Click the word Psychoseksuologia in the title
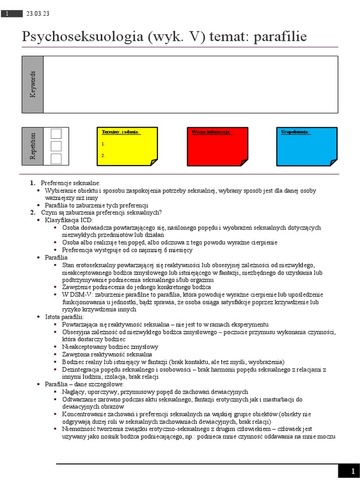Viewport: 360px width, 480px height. [82, 37]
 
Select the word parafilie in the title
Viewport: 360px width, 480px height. [280, 37]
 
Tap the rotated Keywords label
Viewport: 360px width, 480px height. [33, 84]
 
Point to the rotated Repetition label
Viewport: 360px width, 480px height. [33, 146]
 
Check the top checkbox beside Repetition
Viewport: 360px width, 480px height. [56, 134]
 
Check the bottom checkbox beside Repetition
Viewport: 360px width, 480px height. [56, 159]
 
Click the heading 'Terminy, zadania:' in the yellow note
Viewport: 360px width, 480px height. [121, 132]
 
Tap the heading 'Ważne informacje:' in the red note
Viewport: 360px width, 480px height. [211, 132]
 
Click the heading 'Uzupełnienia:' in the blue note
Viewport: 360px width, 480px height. [296, 132]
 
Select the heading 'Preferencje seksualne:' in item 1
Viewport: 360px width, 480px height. [71, 183]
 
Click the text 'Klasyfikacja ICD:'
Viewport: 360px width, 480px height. [69, 220]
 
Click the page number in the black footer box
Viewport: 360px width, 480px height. [353, 471]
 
